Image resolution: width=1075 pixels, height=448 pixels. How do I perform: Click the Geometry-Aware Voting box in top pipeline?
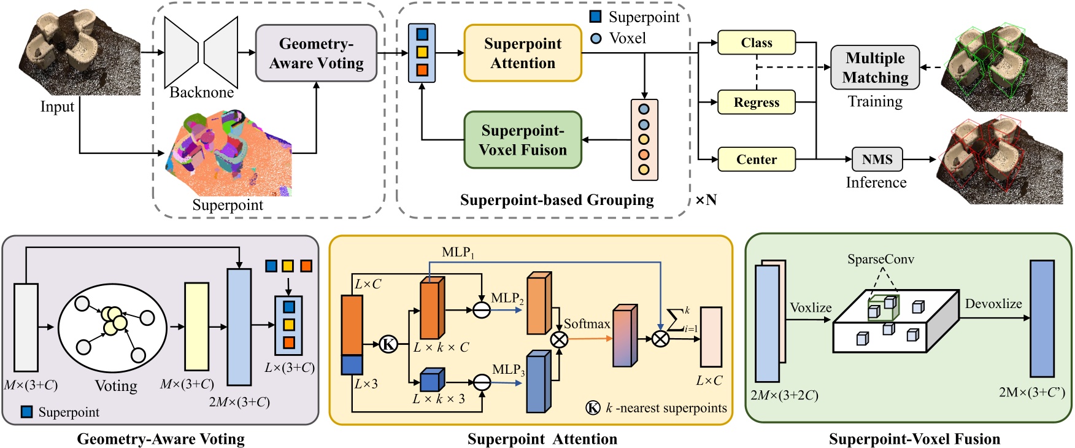(x=316, y=53)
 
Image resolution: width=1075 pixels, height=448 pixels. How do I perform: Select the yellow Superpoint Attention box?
(x=522, y=53)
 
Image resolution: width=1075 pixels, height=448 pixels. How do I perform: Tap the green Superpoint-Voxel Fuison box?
(x=522, y=140)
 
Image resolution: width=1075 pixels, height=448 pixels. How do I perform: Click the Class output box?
(x=756, y=43)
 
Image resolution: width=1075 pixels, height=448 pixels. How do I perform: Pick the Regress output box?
(x=756, y=102)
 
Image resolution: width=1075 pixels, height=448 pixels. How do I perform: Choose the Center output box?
(x=756, y=160)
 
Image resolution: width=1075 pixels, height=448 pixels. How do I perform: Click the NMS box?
(x=877, y=160)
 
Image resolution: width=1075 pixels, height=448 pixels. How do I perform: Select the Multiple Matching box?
(x=875, y=68)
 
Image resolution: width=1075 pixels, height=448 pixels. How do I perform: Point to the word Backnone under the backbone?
(x=201, y=93)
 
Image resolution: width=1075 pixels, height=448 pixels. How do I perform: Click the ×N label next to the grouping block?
(x=706, y=200)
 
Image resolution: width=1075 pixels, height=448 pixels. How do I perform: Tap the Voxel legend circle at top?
(x=596, y=39)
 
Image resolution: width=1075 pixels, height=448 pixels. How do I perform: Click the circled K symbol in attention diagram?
(x=388, y=344)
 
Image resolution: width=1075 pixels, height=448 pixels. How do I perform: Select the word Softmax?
(x=587, y=324)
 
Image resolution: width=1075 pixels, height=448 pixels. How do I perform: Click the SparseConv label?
(x=880, y=260)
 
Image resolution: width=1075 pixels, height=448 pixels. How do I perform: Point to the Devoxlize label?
(x=993, y=304)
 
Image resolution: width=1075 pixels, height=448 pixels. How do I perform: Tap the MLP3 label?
(x=508, y=370)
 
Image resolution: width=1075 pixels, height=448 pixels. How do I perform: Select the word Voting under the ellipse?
(x=116, y=386)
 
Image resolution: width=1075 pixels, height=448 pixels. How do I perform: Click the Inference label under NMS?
(x=876, y=183)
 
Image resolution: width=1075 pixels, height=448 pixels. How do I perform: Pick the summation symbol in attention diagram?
(x=675, y=320)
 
